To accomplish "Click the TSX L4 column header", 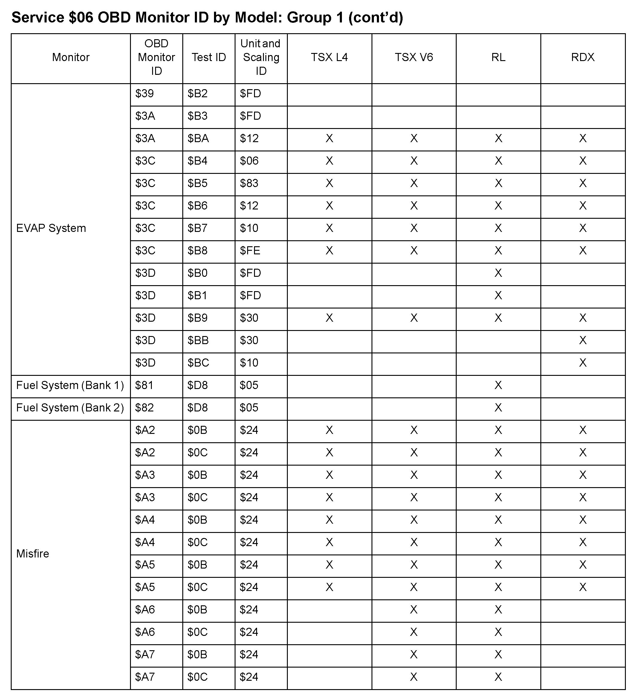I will (329, 57).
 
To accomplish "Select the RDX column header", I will (583, 57).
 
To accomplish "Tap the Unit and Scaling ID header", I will (261, 57).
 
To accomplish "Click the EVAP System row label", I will (51, 228).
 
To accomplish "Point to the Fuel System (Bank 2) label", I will (70, 408).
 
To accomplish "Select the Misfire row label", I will (33, 553).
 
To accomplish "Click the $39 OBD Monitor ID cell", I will (144, 94).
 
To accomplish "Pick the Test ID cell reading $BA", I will (198, 138).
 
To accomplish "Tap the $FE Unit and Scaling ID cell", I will (250, 251).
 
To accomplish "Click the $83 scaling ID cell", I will (249, 183).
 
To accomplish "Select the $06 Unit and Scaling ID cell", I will (249, 161).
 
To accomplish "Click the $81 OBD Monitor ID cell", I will (144, 385).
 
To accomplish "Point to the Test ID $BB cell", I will (198, 341).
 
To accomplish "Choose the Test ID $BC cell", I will (198, 363).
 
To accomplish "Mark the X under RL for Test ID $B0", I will (498, 273).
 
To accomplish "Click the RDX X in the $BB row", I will (583, 341).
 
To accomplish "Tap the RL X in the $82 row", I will (498, 408).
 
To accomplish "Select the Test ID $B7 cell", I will (198, 228).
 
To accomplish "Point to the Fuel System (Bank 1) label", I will (70, 385).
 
